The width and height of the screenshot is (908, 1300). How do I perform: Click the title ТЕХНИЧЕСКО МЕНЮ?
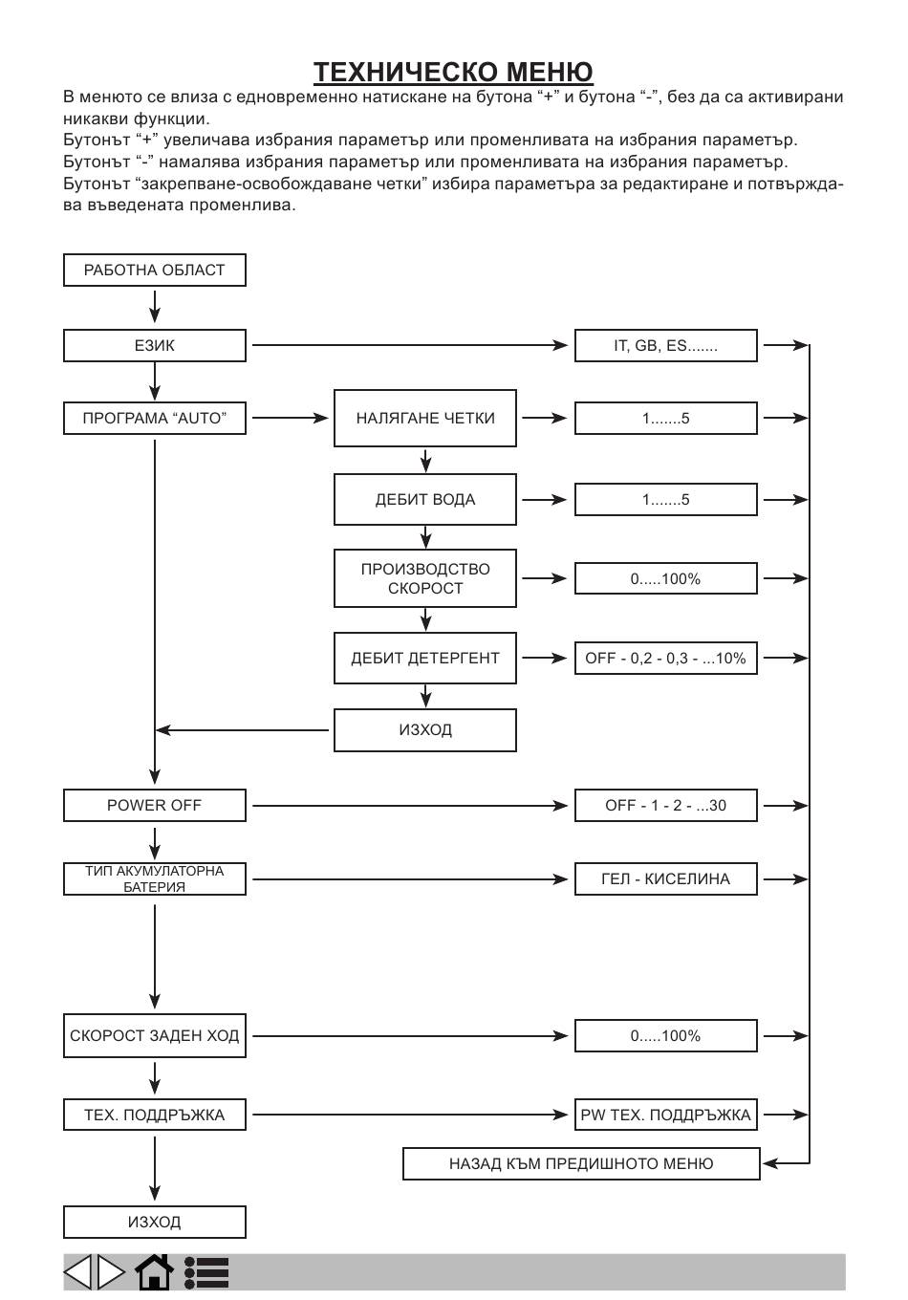pyautogui.click(x=453, y=73)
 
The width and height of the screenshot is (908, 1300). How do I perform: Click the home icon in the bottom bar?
pyautogui.click(x=154, y=1271)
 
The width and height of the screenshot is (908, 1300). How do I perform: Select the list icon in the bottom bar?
pyautogui.click(x=206, y=1272)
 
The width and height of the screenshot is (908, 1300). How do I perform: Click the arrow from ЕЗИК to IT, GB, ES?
pyautogui.click(x=410, y=345)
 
